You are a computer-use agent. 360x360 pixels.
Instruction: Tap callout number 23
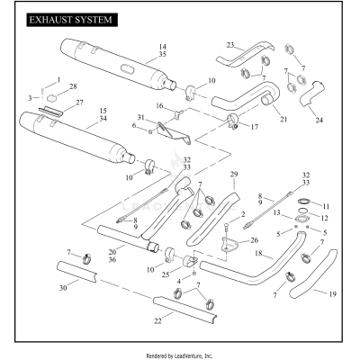229,45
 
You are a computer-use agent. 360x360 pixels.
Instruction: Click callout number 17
253,127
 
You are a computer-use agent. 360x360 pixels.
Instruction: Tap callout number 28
73,86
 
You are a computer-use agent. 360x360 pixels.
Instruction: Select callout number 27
78,103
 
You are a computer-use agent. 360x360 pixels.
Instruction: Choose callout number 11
326,206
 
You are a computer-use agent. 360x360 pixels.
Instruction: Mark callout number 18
259,255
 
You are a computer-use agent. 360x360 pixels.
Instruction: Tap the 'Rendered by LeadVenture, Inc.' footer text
180,355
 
